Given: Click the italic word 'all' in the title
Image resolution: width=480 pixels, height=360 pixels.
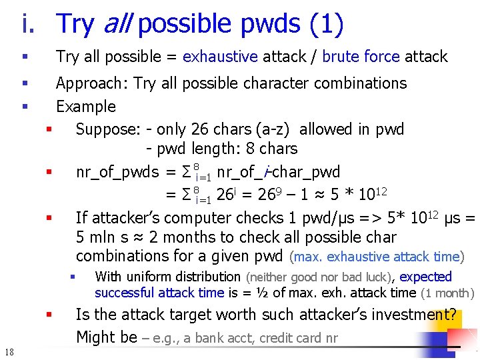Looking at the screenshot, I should (117, 24).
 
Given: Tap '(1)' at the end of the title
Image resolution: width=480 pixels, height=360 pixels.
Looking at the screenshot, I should (326, 24).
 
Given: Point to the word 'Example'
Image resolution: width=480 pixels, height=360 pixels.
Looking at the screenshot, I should (85, 107).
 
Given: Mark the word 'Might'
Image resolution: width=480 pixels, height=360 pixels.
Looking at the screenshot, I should (97, 337).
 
